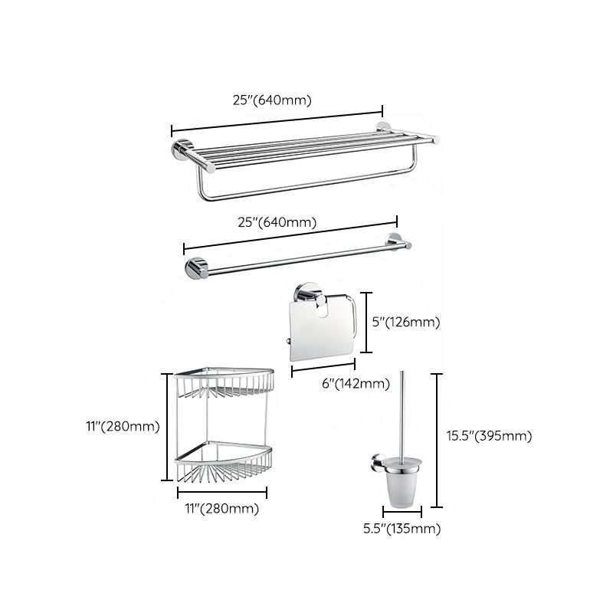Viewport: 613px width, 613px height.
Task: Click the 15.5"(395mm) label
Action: pyautogui.click(x=488, y=436)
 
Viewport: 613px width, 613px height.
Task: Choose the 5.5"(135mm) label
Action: pyautogui.click(x=402, y=529)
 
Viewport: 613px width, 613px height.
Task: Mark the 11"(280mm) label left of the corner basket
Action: pyautogui.click(x=123, y=427)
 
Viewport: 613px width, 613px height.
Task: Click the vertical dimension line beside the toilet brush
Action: pyautogui.click(x=436, y=440)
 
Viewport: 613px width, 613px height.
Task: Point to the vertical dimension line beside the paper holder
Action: pyautogui.click(x=369, y=322)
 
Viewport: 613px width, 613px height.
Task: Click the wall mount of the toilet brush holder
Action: pyautogui.click(x=376, y=461)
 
